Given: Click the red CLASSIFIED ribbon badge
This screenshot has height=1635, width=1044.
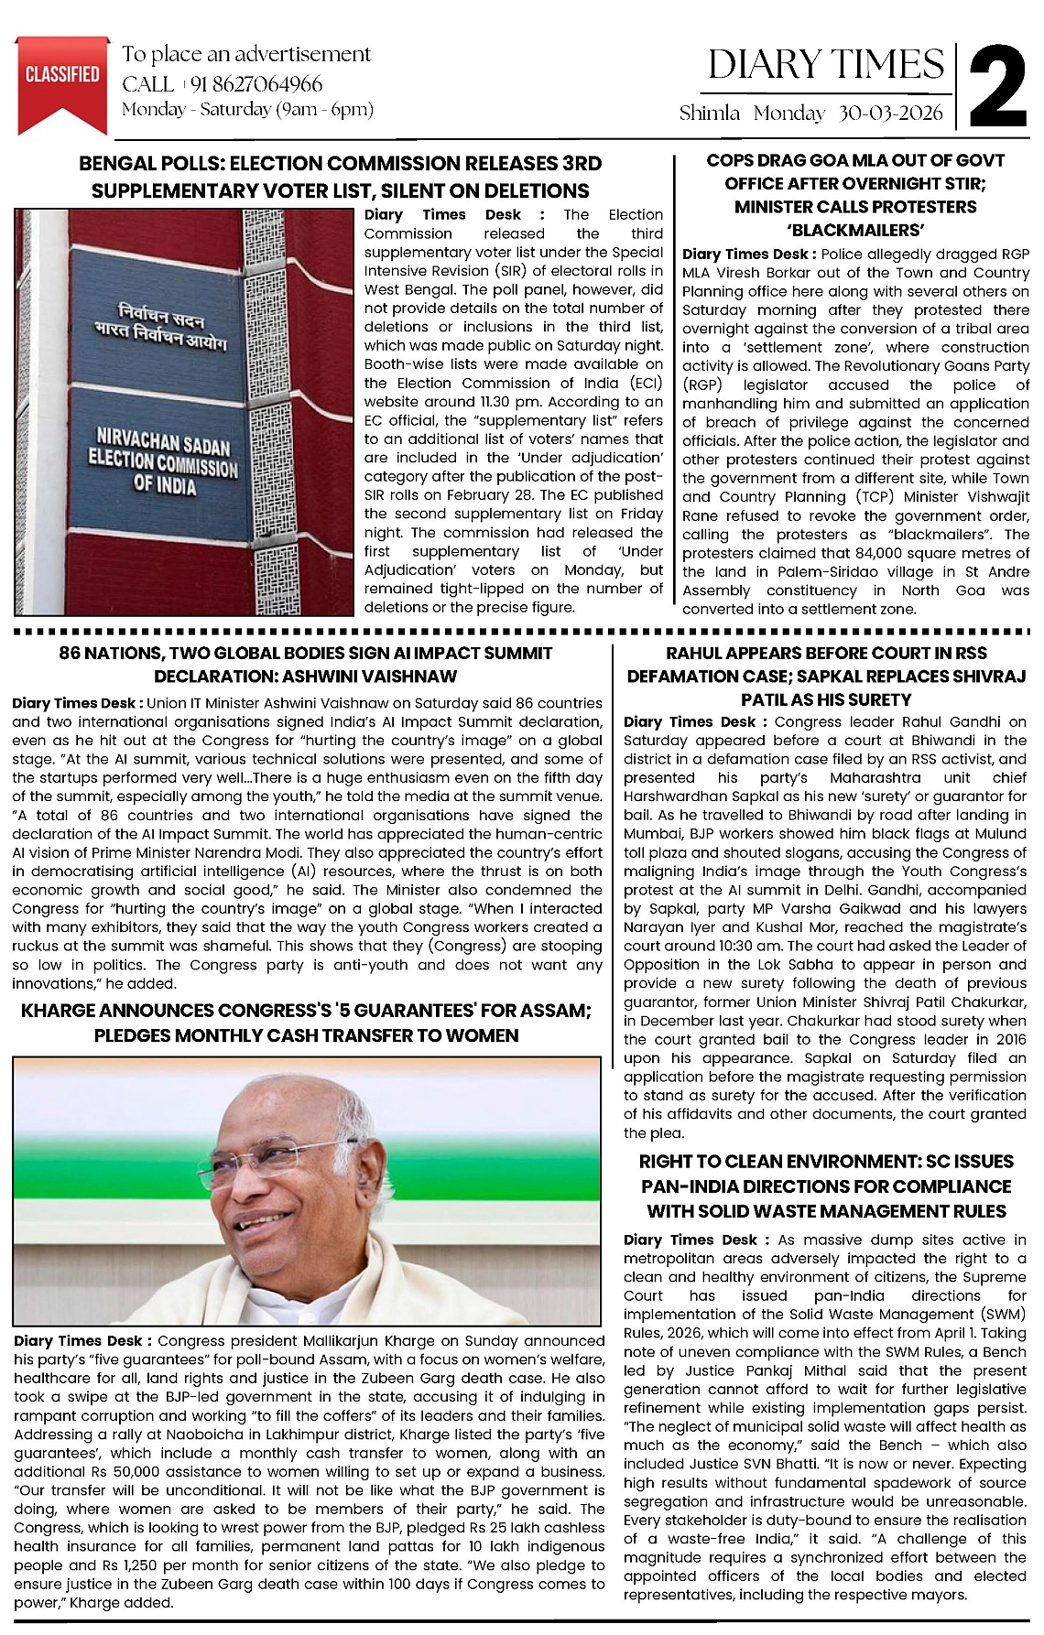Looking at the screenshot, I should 62,77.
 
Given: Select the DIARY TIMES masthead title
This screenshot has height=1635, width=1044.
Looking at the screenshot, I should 825,65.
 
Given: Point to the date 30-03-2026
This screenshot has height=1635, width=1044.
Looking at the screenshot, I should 890,113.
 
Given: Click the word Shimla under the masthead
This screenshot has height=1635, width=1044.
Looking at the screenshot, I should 710,113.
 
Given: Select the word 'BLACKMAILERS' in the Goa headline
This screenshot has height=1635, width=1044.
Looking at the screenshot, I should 854,230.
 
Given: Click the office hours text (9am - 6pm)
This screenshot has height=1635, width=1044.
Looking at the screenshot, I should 324,110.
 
